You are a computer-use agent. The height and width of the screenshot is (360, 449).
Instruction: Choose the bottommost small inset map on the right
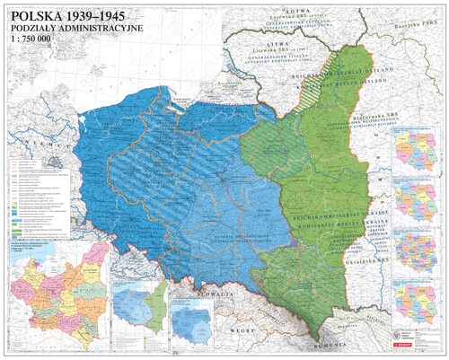pyautogui.click(x=420, y=302)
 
